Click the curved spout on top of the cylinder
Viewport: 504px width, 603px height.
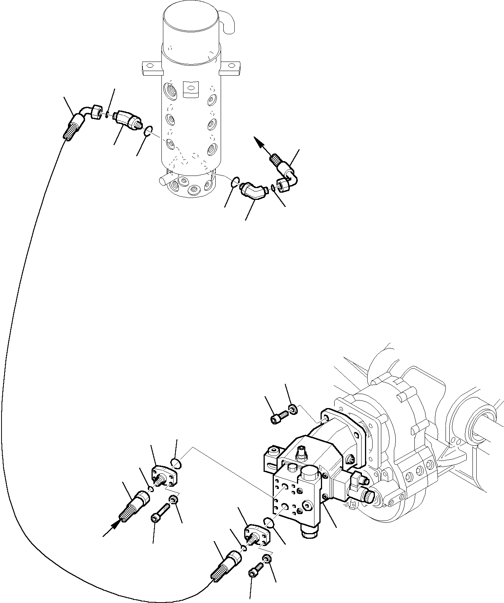coord(228,23)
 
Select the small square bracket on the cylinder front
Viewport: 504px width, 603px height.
coord(191,89)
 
